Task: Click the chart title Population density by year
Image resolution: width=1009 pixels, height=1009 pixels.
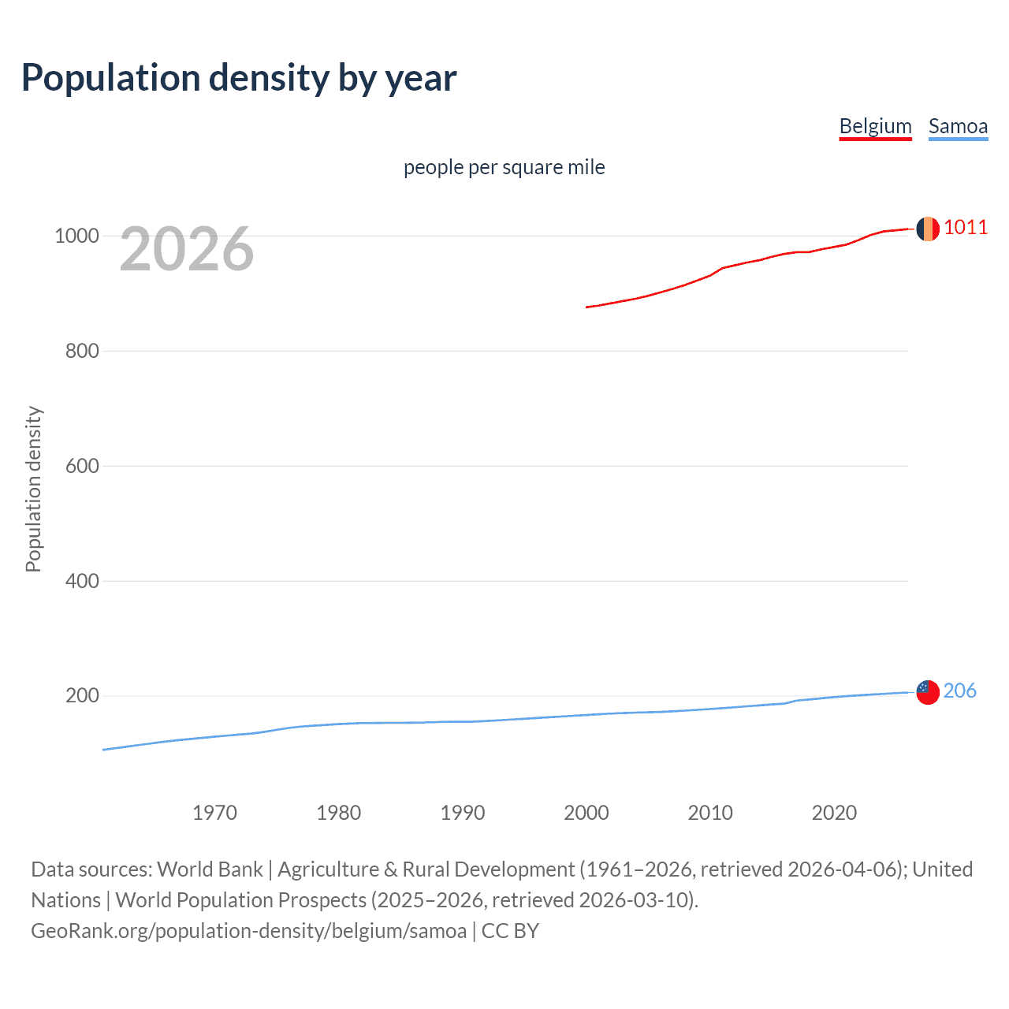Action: click(x=239, y=78)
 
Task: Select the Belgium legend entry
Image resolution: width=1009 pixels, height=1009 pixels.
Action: click(x=875, y=126)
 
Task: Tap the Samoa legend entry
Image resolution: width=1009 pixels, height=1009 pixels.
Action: click(x=958, y=126)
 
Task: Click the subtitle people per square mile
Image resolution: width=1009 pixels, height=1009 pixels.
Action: click(x=504, y=167)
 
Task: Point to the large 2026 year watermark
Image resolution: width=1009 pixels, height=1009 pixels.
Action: click(x=187, y=249)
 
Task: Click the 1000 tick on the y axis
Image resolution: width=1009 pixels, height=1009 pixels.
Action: click(x=76, y=236)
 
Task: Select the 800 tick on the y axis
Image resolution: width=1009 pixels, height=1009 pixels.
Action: click(x=82, y=351)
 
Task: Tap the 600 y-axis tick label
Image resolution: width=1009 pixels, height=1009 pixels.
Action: click(x=82, y=466)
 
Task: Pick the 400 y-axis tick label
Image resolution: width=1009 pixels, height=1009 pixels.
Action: click(x=82, y=581)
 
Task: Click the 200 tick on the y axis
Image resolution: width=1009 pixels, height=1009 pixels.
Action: click(x=82, y=696)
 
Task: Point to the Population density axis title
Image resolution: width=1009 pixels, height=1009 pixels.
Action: click(x=33, y=489)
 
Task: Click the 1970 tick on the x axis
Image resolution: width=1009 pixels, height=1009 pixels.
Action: click(x=214, y=813)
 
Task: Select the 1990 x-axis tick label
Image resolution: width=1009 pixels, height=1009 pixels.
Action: click(x=463, y=813)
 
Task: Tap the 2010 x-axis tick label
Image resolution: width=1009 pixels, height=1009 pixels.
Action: click(x=710, y=813)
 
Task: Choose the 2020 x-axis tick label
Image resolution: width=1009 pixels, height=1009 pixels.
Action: click(x=834, y=813)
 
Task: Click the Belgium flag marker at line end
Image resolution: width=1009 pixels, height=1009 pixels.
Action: click(x=928, y=229)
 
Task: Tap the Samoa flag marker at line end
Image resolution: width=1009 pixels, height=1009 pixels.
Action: click(x=928, y=692)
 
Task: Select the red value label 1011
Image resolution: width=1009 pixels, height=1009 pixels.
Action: click(x=966, y=228)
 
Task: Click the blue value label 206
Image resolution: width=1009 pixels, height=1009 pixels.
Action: click(x=959, y=691)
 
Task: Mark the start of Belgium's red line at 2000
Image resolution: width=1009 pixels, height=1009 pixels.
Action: click(x=587, y=307)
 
